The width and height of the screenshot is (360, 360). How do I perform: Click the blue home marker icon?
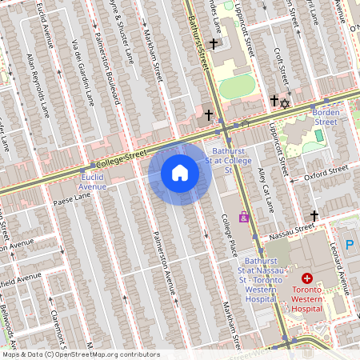[180, 172]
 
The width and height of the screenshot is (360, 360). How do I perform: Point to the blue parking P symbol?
[349, 244]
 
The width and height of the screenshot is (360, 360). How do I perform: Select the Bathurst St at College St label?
[228, 160]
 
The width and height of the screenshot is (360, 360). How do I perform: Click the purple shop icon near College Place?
[243, 217]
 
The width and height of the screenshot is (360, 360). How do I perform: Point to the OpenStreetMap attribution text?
[80, 354]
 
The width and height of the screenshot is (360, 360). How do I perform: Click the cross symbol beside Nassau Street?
[314, 215]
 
